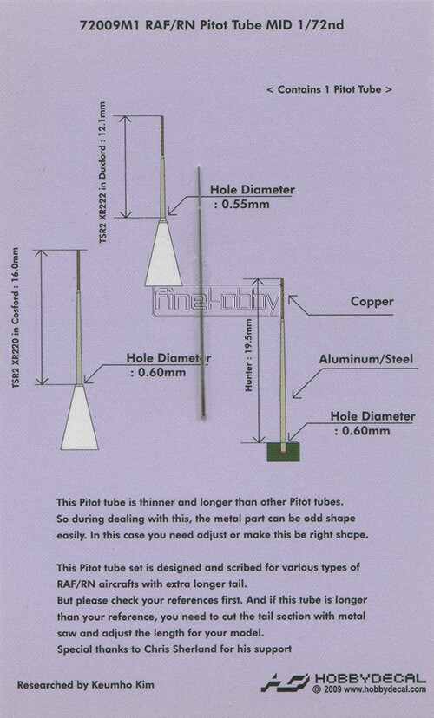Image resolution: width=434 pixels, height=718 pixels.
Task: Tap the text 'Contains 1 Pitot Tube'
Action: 330,89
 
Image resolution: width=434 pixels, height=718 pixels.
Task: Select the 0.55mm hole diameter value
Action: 245,205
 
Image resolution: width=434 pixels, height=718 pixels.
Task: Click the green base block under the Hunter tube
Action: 283,452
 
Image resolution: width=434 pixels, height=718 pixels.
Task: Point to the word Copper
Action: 372,302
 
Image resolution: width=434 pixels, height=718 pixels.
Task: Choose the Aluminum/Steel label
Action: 366,359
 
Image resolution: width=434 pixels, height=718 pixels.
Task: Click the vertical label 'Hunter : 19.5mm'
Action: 249,355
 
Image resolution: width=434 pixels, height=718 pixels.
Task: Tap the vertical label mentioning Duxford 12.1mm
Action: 102,173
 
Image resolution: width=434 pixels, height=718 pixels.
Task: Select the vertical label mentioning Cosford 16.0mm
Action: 16,318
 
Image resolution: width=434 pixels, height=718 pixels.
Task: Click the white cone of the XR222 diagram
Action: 163,253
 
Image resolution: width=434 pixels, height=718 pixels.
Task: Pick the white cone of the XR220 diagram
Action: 80,417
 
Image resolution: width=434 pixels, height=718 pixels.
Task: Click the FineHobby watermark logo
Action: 216,302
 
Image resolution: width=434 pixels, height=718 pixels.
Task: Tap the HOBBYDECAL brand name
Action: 371,678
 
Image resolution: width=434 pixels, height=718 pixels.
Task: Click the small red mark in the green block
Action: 284,452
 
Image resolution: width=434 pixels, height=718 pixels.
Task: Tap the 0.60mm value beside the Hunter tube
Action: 365,431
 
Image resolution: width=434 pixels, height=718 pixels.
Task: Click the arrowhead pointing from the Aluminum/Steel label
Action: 296,394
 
